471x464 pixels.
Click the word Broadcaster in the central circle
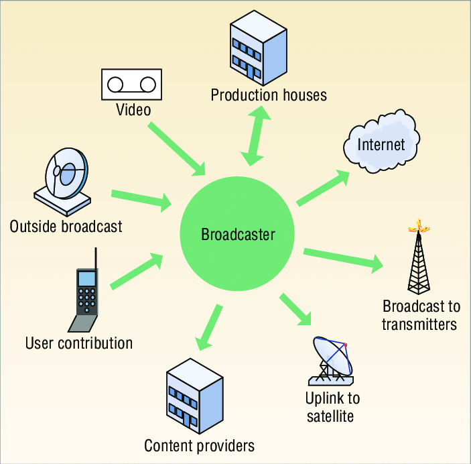[238, 234]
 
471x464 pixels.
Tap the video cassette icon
[132, 84]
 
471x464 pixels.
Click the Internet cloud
[380, 144]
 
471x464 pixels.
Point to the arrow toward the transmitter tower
[343, 259]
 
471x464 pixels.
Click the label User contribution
[79, 343]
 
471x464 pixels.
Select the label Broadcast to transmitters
[421, 315]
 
